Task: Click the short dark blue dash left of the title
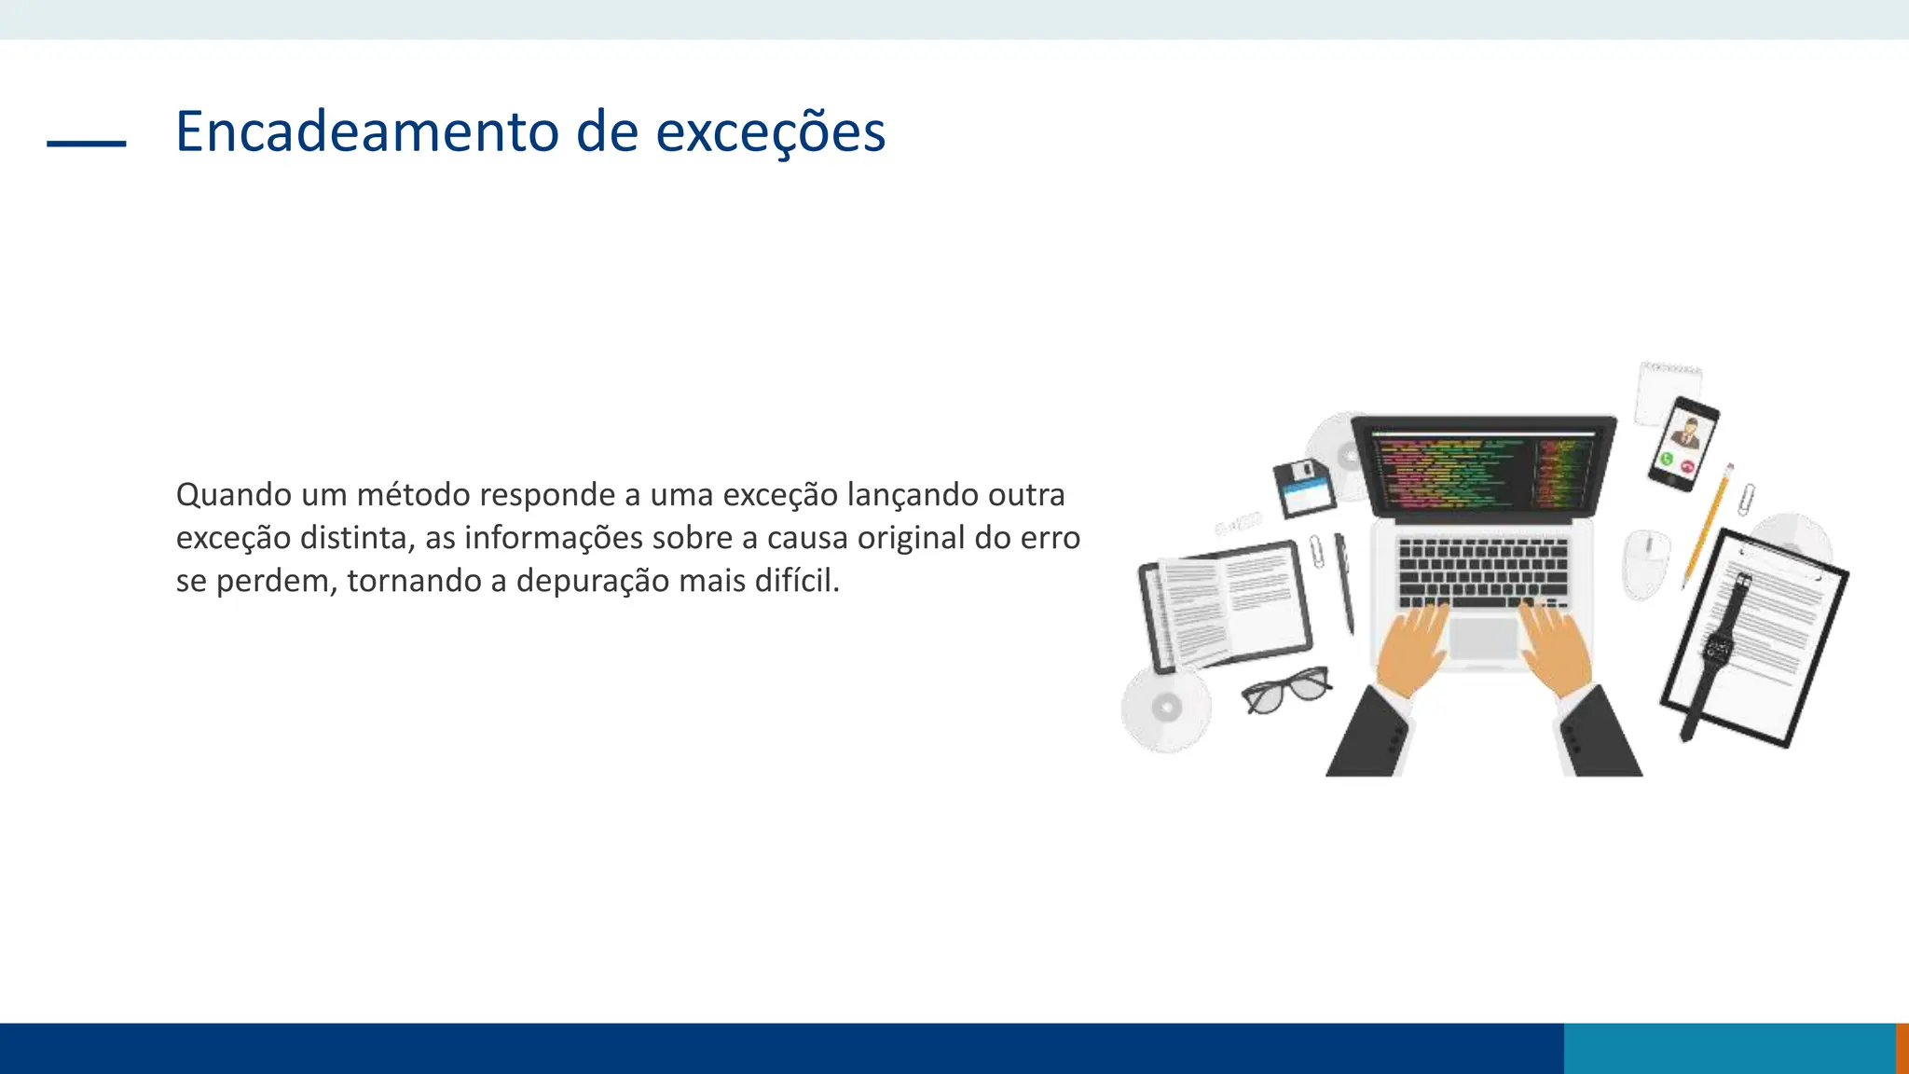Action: coord(87,144)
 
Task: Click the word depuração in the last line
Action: coord(593,582)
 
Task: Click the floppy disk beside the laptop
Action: coord(1304,488)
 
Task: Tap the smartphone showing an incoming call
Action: coord(1682,443)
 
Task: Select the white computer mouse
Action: coord(1646,562)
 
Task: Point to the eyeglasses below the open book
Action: coord(1287,691)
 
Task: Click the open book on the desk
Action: coord(1224,605)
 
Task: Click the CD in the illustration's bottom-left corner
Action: coord(1166,709)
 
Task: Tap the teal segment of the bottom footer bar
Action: coord(1729,1048)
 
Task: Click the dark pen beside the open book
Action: coord(1344,582)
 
